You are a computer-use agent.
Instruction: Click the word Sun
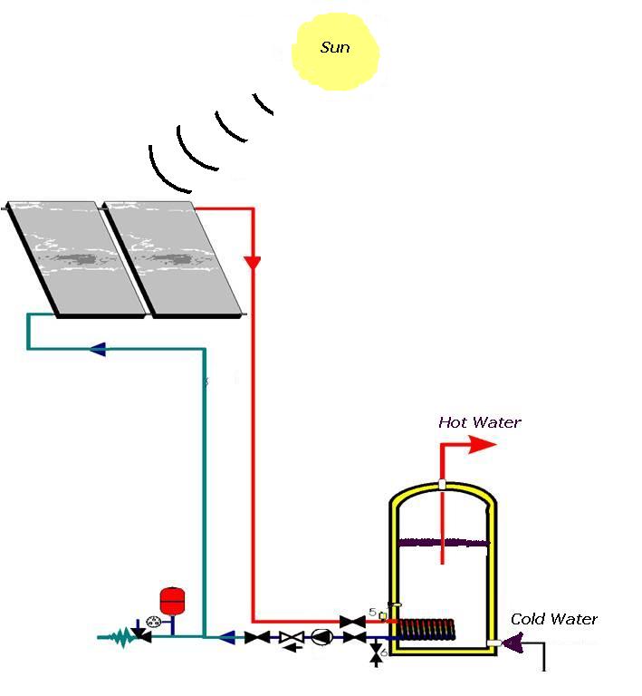point(335,47)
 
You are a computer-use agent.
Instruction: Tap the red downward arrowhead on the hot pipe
point(253,262)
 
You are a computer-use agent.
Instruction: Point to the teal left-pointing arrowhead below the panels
point(97,349)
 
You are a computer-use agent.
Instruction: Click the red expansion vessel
point(170,600)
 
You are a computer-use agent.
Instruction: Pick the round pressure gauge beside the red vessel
point(152,623)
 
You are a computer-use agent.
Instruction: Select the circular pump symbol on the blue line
point(321,637)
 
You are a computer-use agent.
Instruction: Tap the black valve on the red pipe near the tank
point(351,621)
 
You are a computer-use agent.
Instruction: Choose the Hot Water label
point(480,422)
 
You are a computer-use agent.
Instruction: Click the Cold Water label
point(554,619)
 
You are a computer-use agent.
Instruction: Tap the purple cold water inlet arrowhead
point(513,643)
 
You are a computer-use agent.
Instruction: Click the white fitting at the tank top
point(442,483)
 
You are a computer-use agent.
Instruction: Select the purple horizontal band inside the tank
point(443,543)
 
